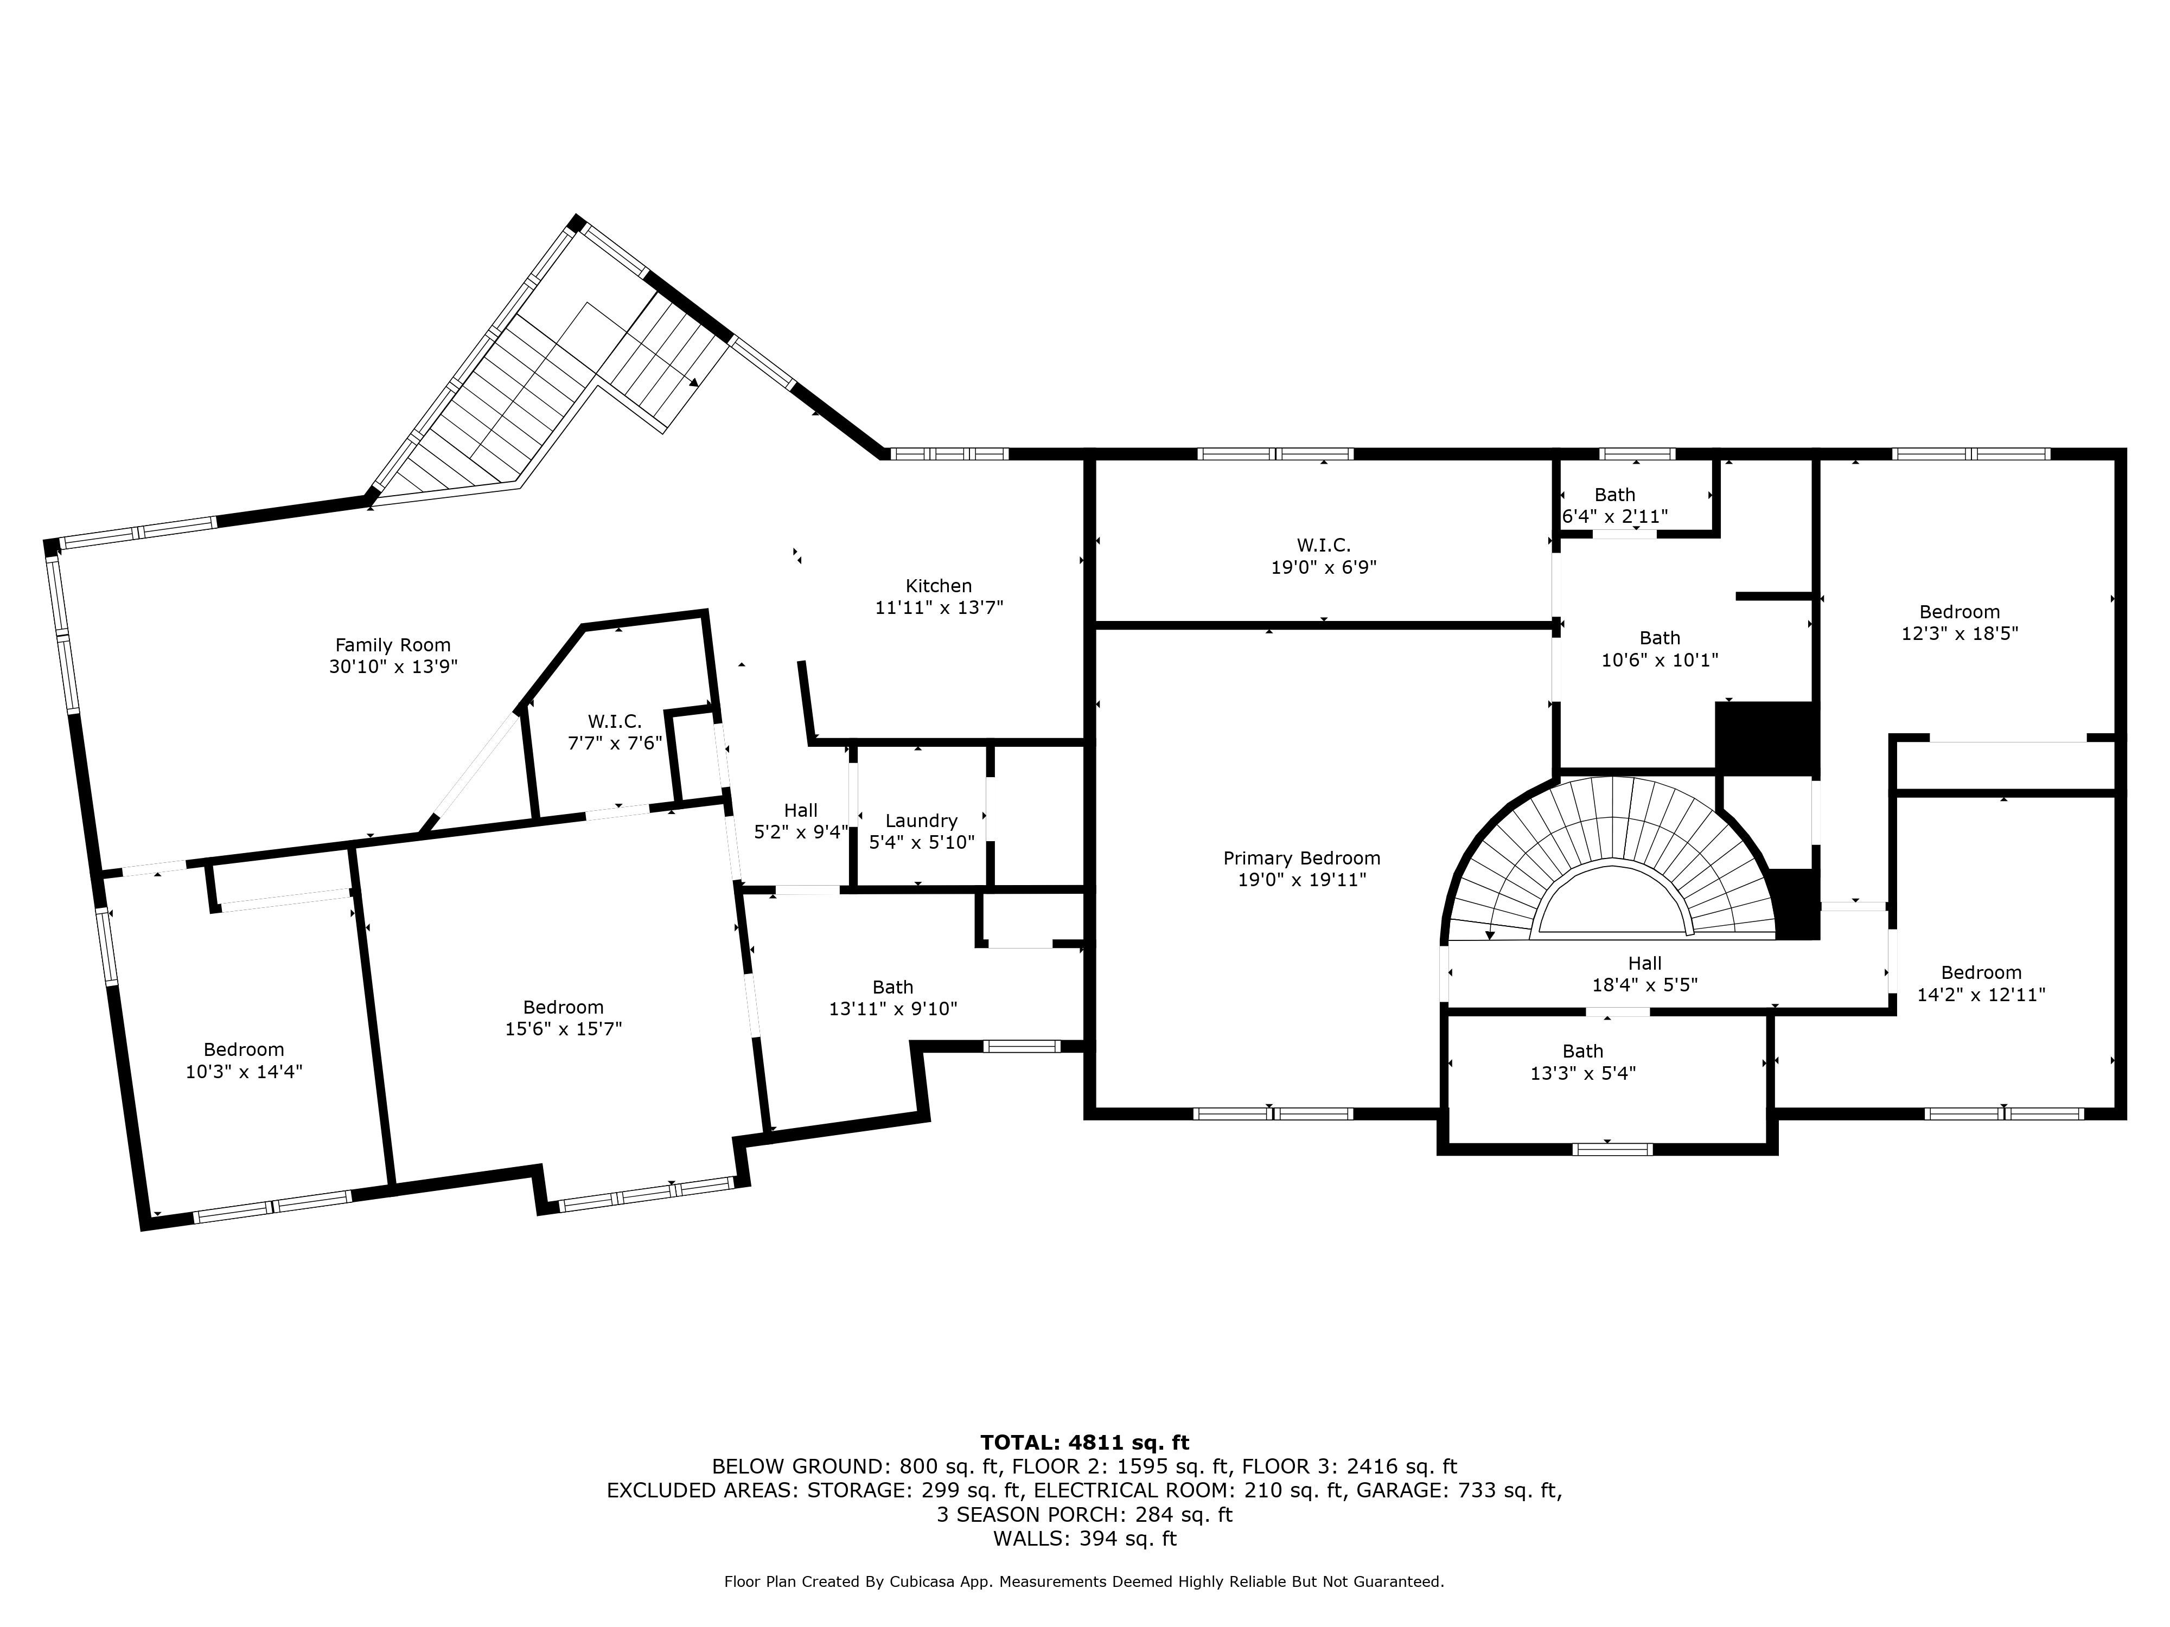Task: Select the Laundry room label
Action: click(x=921, y=821)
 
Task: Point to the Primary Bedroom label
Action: click(x=1302, y=858)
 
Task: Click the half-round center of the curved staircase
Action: click(x=1614, y=902)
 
